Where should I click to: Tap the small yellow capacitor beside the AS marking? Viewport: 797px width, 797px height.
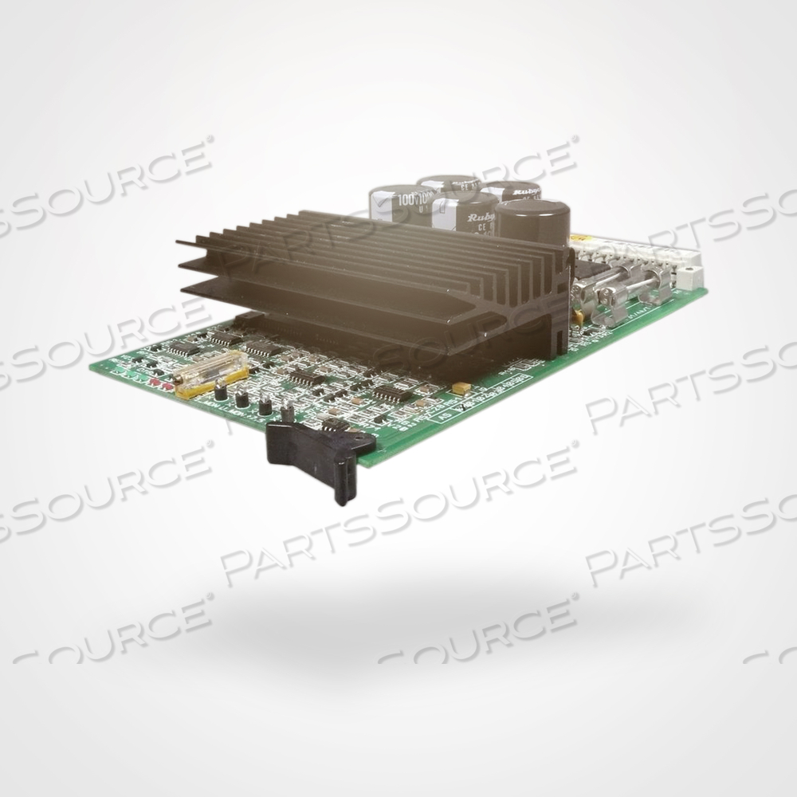point(460,388)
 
